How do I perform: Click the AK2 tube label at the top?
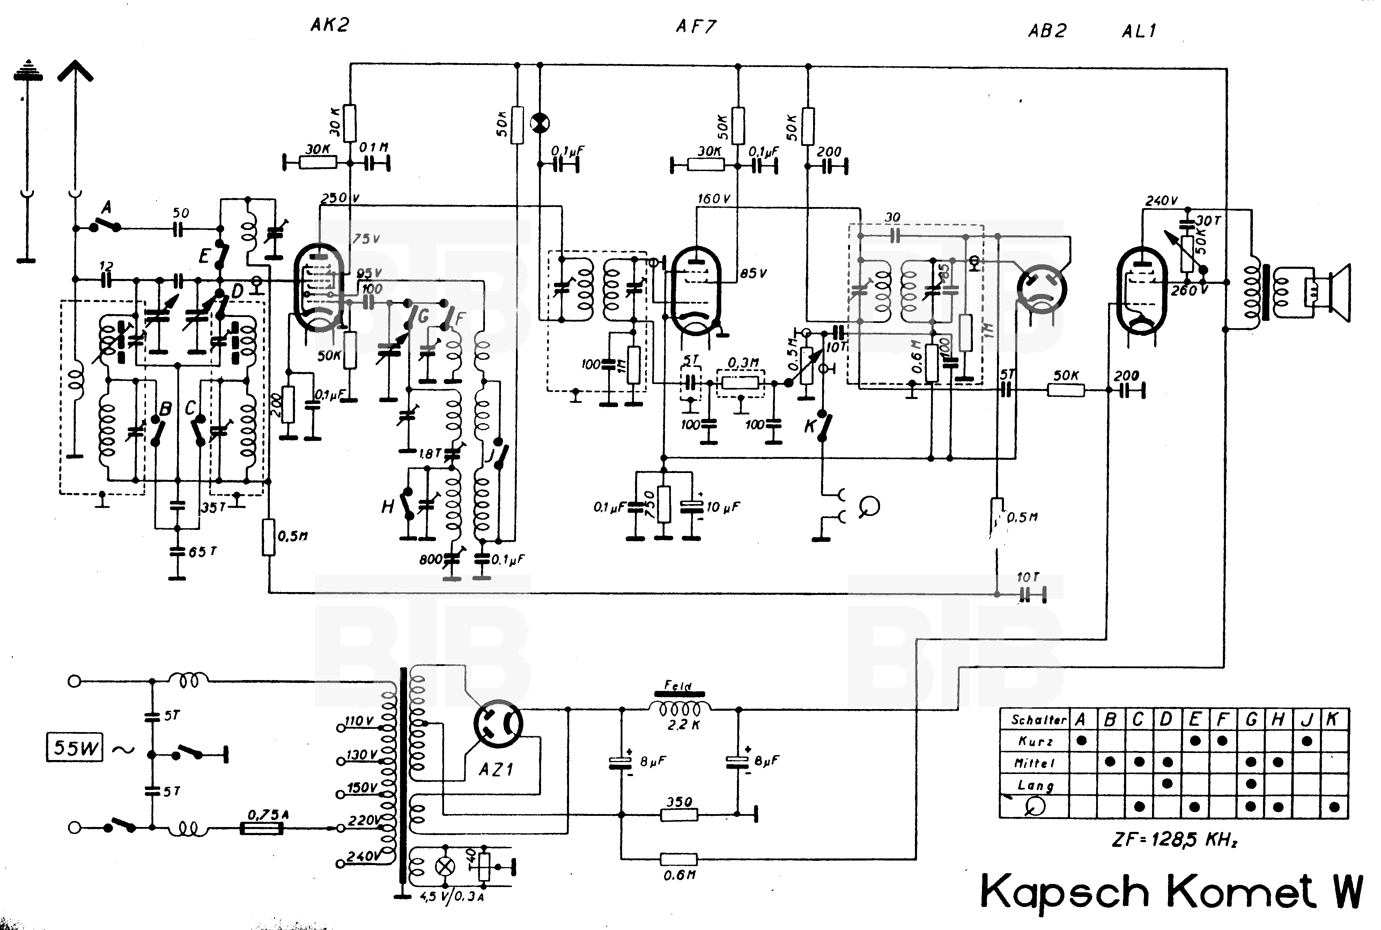(x=330, y=25)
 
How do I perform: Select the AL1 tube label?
(x=1138, y=31)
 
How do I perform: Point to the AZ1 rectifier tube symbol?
(x=498, y=724)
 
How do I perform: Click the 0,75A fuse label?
(x=268, y=814)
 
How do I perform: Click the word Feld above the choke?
(x=678, y=686)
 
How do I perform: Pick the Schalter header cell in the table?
(x=1034, y=719)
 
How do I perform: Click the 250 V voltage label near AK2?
(x=340, y=198)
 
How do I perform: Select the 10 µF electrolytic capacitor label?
(x=723, y=507)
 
